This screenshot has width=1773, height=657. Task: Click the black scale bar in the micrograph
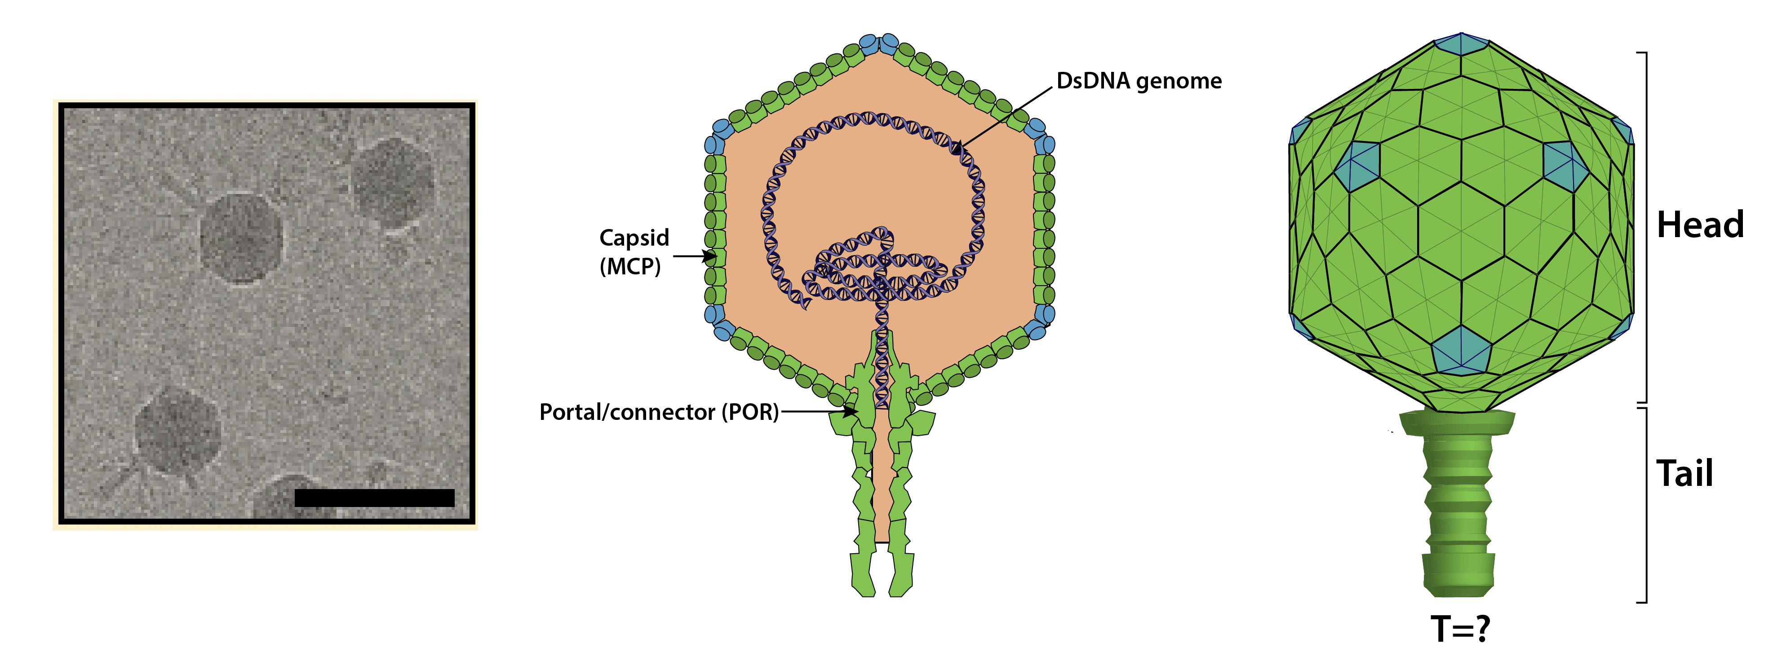pos(374,498)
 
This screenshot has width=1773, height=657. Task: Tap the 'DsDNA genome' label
pos(1139,81)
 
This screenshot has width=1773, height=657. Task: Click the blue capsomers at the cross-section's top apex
pos(879,44)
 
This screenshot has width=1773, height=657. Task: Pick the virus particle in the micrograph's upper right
pos(393,182)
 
